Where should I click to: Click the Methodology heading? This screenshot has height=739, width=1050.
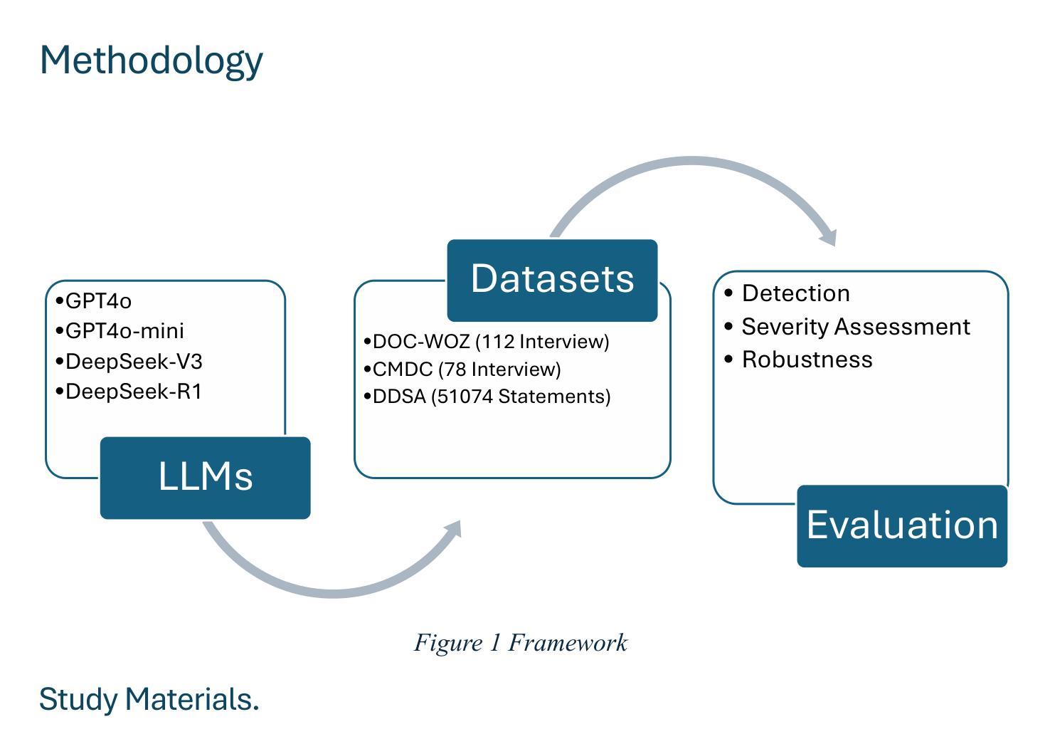pyautogui.click(x=152, y=61)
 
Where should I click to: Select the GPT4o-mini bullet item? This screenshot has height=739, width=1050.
pyautogui.click(x=120, y=331)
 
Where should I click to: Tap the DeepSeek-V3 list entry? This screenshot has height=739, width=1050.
pyautogui.click(x=129, y=361)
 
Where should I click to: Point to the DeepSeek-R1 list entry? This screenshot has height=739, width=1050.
pyautogui.click(x=129, y=392)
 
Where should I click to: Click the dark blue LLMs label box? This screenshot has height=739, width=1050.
pyautogui.click(x=206, y=478)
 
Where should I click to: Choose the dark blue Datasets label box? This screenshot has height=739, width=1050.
pyautogui.click(x=552, y=280)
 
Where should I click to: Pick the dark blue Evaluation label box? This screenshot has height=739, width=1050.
pyautogui.click(x=902, y=526)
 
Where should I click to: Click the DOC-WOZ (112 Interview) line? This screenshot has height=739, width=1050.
pyautogui.click(x=487, y=342)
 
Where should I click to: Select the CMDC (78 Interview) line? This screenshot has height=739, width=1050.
pyautogui.click(x=462, y=369)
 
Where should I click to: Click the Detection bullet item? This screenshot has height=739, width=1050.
pyautogui.click(x=787, y=293)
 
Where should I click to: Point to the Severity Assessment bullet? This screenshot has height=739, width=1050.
pyautogui.click(x=847, y=327)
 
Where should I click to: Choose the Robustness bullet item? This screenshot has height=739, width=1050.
pyautogui.click(x=798, y=360)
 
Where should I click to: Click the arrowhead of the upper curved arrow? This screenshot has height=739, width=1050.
pyautogui.click(x=829, y=238)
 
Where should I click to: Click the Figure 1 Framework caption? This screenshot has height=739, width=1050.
pyautogui.click(x=520, y=642)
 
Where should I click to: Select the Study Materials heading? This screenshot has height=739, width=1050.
pyautogui.click(x=149, y=699)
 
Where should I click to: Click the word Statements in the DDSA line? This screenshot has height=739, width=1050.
pyautogui.click(x=554, y=397)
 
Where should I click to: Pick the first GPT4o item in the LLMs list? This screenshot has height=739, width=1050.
pyautogui.click(x=94, y=300)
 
